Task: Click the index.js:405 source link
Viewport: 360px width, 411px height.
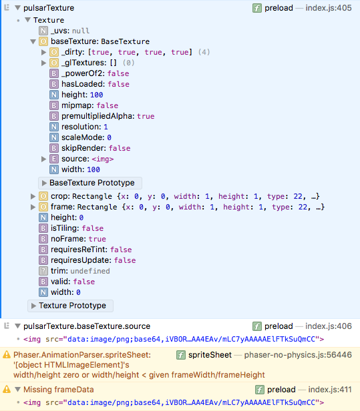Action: (x=329, y=8)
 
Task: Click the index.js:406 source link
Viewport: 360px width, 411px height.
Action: (x=329, y=326)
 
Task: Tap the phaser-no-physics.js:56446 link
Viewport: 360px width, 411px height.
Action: (x=298, y=355)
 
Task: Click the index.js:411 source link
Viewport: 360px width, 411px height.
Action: (x=330, y=390)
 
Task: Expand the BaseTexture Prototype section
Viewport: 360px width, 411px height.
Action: (x=90, y=183)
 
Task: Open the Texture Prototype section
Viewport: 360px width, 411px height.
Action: (x=70, y=306)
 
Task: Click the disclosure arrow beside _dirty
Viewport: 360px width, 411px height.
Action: (x=44, y=52)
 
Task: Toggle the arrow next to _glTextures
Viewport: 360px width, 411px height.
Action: (x=44, y=63)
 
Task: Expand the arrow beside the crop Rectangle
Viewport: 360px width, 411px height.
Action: (x=33, y=196)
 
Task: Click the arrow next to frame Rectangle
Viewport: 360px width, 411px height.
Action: (x=33, y=207)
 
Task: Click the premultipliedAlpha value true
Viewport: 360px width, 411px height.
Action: (x=146, y=116)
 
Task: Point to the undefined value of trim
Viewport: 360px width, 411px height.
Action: (x=90, y=271)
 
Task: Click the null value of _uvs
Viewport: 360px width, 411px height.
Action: (x=81, y=31)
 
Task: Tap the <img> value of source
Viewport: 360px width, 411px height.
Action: (x=103, y=159)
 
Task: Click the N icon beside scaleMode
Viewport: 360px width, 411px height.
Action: (x=54, y=137)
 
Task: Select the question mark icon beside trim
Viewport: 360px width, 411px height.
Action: (x=43, y=271)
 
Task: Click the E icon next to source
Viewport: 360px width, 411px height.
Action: (x=54, y=159)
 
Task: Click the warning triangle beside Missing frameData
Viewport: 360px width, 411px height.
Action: (x=7, y=389)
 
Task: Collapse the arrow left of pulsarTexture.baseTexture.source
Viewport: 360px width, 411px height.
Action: (x=17, y=326)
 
